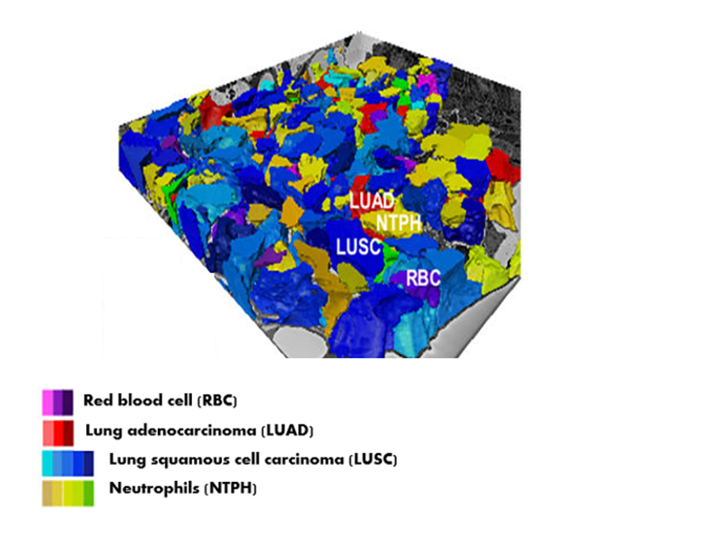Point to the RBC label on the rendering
tap(423, 278)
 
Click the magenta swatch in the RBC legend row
tap(48, 400)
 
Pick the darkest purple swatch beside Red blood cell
tap(68, 400)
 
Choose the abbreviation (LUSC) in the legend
tap(370, 460)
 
